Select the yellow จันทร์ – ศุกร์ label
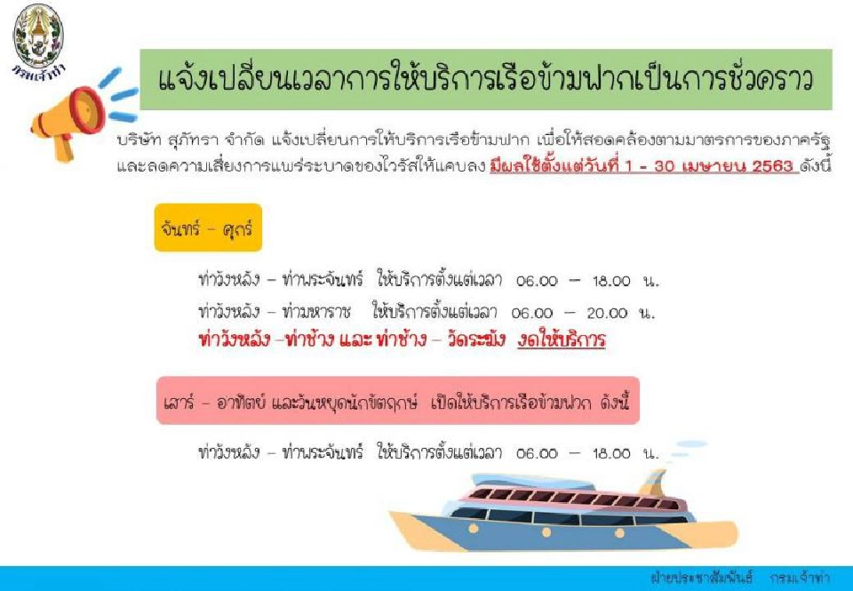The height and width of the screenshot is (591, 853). coord(208,227)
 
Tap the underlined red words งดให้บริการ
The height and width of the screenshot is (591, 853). coord(562,340)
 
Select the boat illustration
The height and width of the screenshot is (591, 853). coord(569,507)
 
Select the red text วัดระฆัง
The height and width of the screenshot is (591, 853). coord(466,340)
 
